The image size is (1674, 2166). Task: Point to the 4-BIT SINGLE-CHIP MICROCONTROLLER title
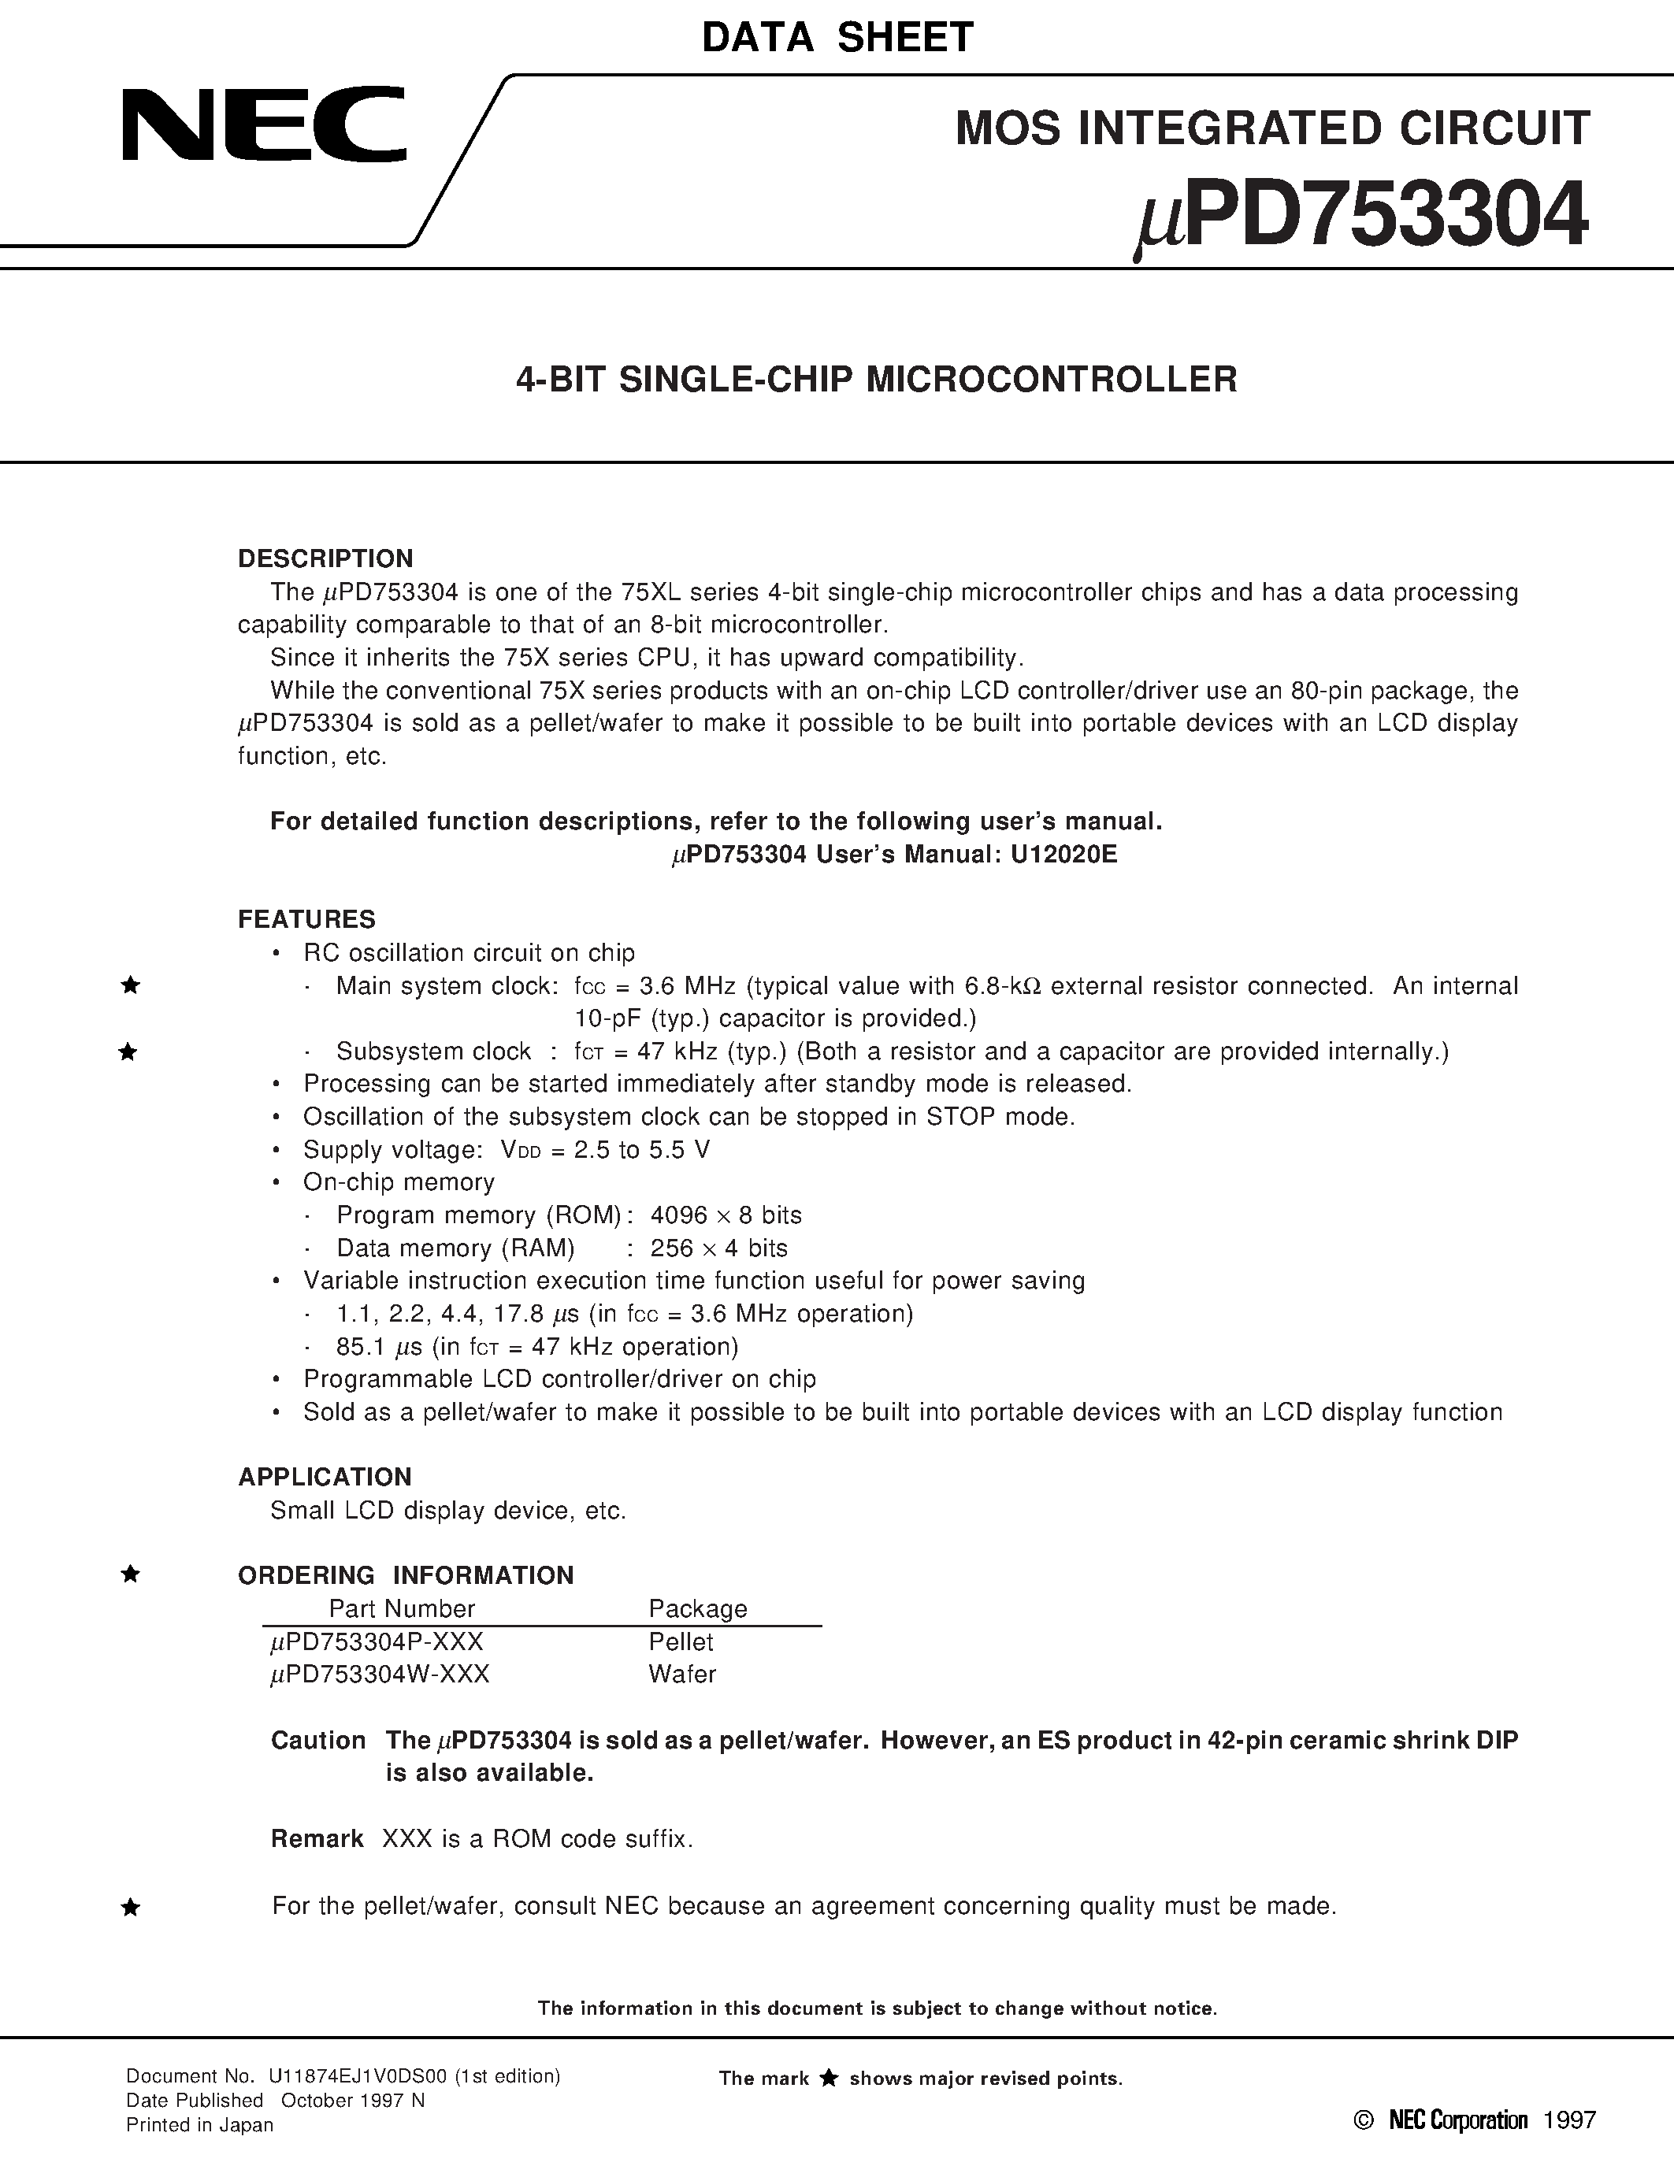(x=876, y=380)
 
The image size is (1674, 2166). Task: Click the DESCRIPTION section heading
(x=325, y=558)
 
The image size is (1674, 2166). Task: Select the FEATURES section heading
(x=306, y=919)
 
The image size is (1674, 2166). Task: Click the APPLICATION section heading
(x=325, y=1477)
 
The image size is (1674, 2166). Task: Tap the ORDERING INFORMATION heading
(x=406, y=1575)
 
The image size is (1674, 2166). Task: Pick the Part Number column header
(x=402, y=1608)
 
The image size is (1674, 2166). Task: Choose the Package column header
(x=697, y=1608)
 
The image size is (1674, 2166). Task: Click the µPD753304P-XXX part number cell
(x=377, y=1641)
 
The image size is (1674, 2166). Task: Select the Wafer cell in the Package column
(x=682, y=1674)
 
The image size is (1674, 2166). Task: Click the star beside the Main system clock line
(x=129, y=986)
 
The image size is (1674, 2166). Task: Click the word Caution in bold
(x=318, y=1741)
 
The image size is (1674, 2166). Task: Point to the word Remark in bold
(x=317, y=1838)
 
